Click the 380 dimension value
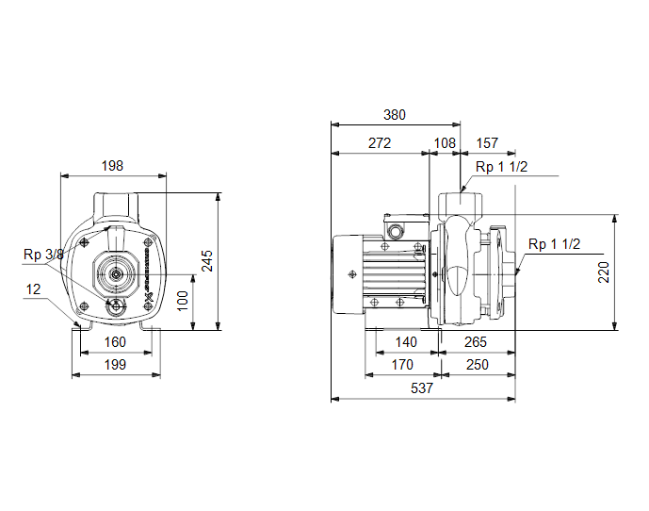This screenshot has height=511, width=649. [395, 115]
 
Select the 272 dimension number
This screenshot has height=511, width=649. [380, 143]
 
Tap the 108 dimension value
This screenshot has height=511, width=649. [445, 143]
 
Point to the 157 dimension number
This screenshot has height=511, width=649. [487, 143]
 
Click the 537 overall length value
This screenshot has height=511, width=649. [422, 388]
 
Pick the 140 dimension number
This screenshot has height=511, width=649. [406, 342]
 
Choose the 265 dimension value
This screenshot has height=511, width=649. [475, 342]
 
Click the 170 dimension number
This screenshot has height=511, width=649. [402, 365]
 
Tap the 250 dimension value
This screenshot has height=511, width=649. [478, 365]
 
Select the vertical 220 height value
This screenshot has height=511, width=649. [604, 272]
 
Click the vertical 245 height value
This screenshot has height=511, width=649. [207, 260]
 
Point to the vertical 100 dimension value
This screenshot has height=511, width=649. [182, 301]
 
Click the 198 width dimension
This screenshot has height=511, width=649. [112, 166]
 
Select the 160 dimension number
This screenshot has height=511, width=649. [115, 342]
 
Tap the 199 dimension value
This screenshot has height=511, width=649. [115, 365]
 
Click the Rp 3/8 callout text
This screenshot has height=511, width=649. [43, 255]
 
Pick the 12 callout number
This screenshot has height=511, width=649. [33, 289]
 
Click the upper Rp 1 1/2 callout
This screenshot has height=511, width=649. [502, 167]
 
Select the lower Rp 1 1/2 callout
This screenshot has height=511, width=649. [554, 244]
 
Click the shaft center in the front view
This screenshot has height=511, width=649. [116, 274]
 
